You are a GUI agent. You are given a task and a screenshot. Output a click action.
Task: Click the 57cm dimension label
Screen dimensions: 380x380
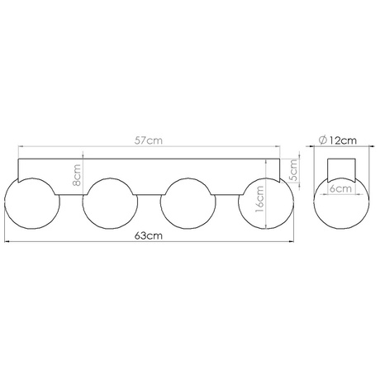coord(150,141)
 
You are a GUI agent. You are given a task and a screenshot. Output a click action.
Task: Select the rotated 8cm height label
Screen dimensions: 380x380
coord(76,174)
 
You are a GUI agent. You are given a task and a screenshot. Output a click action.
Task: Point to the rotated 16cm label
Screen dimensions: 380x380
coord(259,200)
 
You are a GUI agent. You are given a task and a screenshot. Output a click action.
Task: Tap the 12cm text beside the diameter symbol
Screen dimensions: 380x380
coord(344,140)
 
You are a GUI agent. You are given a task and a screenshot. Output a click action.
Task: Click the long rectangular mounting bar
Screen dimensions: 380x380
coord(149,168)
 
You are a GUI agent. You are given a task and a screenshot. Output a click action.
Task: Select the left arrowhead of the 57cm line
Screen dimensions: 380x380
coord(21,149)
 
